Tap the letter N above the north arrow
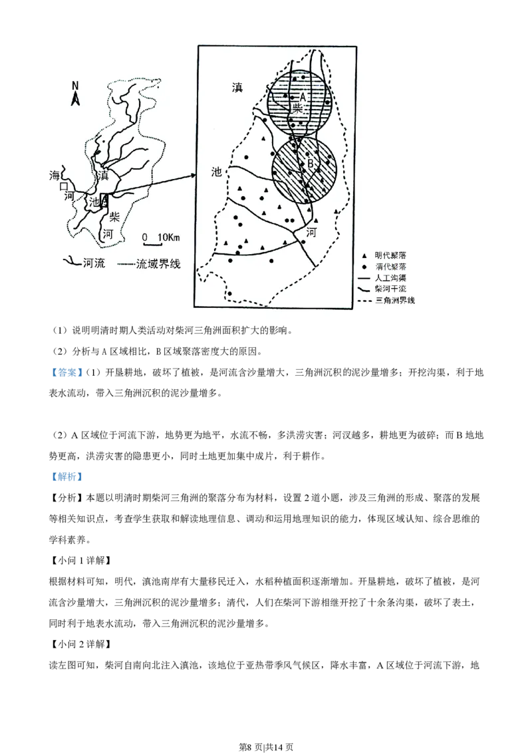click(x=76, y=85)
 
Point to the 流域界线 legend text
click(x=158, y=263)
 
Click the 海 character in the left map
click(x=55, y=176)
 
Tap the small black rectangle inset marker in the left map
click(x=104, y=200)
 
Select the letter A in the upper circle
click(x=302, y=97)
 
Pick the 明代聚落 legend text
click(x=390, y=255)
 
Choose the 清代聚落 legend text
click(x=390, y=266)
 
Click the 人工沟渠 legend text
click(x=390, y=277)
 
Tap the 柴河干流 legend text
click(x=390, y=289)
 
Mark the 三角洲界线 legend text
click(x=394, y=300)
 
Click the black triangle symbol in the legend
click(x=363, y=255)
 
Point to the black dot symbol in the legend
click(x=363, y=267)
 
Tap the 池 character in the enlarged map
click(x=216, y=172)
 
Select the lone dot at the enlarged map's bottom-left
click(x=229, y=293)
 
